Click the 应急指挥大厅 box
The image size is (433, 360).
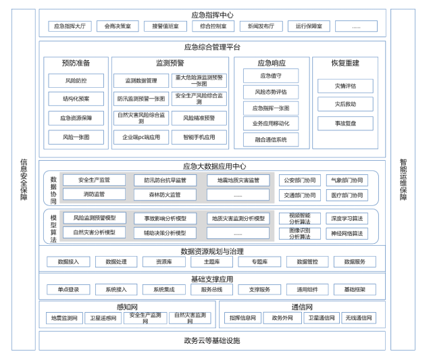point(70,26)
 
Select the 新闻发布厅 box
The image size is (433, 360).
point(260,26)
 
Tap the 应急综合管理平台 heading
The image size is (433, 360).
point(212,47)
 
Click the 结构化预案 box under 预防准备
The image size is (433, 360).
point(76,99)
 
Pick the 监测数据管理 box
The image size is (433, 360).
point(141,81)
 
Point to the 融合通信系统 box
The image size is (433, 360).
point(271,140)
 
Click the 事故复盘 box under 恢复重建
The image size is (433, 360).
point(345,124)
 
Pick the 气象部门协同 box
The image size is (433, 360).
point(347,180)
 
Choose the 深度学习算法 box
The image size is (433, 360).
point(347,219)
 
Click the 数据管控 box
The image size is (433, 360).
point(307,261)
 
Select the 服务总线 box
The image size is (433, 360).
point(211,289)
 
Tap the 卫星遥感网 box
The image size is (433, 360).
point(103,317)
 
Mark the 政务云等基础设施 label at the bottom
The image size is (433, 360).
point(212,340)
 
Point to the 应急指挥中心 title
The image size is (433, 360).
point(212,14)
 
